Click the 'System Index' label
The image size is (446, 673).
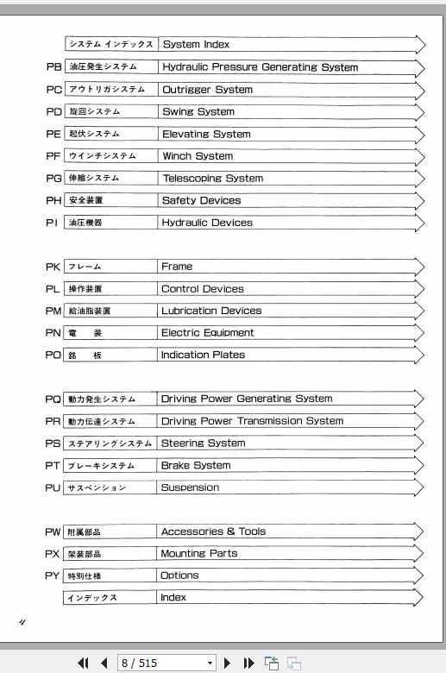(196, 45)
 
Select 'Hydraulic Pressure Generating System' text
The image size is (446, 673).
(260, 67)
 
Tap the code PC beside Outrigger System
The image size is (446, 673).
(53, 90)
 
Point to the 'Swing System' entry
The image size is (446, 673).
(198, 112)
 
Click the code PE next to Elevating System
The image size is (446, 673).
(53, 134)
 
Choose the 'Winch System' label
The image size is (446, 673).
(198, 156)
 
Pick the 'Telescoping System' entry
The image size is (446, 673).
(212, 179)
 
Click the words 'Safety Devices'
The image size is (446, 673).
(201, 200)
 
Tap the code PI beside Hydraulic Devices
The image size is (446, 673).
(53, 223)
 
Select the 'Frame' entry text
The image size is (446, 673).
(177, 267)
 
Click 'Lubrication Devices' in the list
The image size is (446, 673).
(211, 311)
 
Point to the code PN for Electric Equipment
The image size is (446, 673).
(53, 333)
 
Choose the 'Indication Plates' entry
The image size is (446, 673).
(203, 355)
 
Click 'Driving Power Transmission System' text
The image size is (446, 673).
(252, 421)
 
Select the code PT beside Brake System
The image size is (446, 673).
(53, 466)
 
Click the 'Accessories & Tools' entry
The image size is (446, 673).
(213, 531)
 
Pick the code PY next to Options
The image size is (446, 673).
(53, 576)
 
